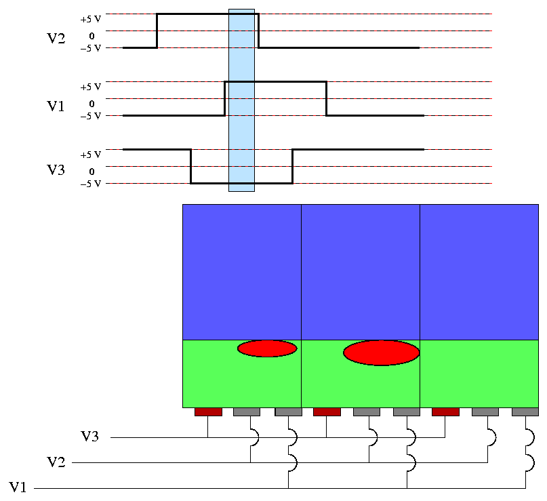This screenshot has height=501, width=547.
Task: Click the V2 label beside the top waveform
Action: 56,38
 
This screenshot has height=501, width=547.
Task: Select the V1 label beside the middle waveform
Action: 56,106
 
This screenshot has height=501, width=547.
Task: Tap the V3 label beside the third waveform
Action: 56,169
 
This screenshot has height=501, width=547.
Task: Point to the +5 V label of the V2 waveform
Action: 90,19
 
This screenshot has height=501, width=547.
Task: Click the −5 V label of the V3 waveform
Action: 90,184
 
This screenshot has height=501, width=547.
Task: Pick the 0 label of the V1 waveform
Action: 92,104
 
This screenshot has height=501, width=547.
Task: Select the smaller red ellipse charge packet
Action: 267,348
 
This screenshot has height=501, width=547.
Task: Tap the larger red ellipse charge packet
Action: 382,353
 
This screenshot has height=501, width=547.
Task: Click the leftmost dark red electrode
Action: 208,412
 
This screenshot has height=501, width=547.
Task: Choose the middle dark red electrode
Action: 327,412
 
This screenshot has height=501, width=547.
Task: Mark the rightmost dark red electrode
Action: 445,412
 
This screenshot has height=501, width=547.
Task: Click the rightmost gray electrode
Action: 525,412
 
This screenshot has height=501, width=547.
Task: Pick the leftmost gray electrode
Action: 247,412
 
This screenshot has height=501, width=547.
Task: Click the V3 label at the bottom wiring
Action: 91,437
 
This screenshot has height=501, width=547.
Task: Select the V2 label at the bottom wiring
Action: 56,462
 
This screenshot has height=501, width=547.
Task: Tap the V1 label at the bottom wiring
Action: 19,487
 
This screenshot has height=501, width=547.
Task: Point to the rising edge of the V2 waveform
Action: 157,31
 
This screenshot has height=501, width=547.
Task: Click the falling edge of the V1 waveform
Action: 327,98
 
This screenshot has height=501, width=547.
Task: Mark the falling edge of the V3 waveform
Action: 191,166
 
